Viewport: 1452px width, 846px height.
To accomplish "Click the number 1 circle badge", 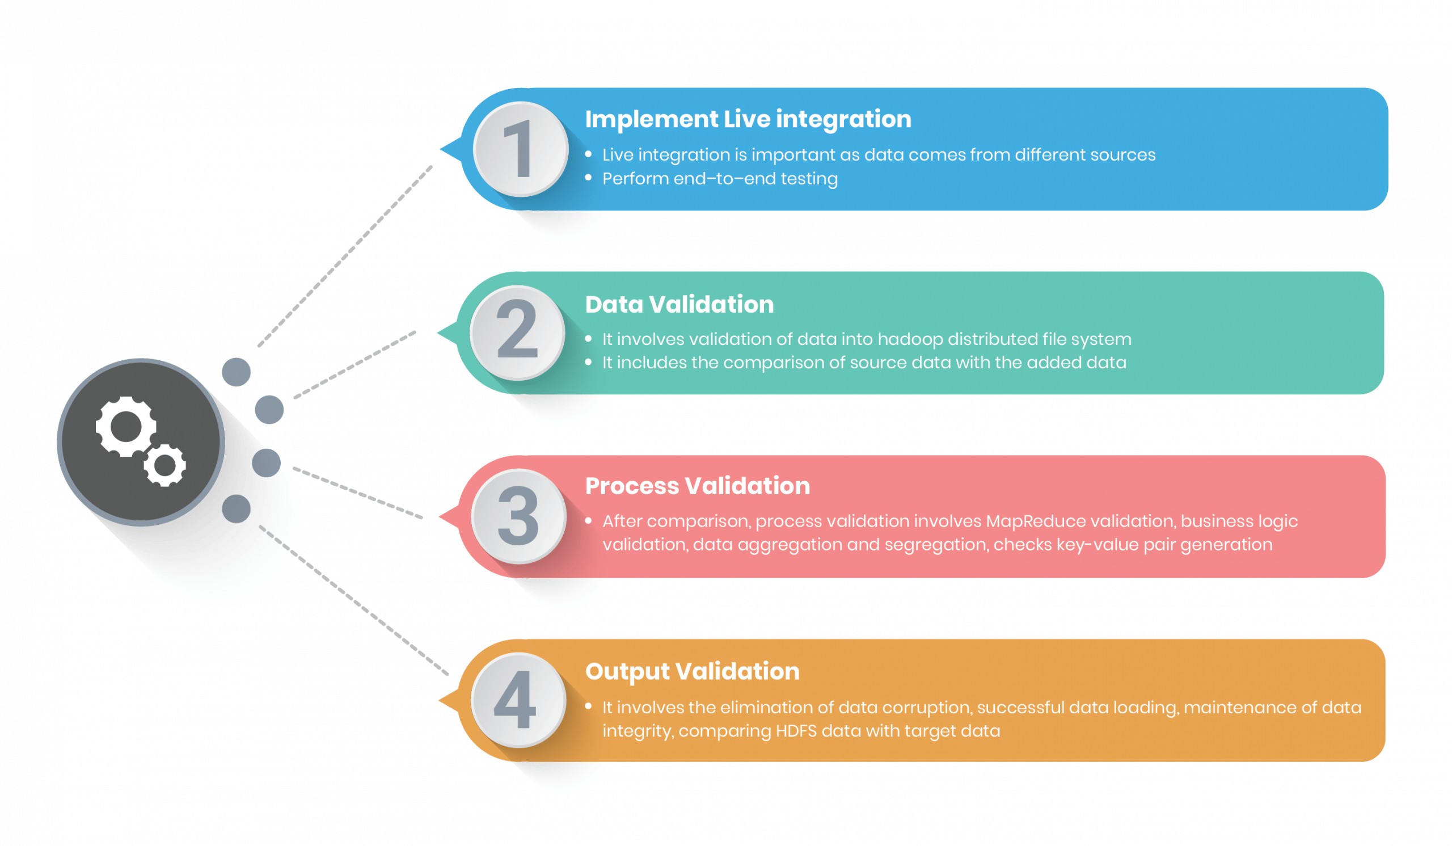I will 521,149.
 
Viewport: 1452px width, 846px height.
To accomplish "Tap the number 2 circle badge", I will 517,332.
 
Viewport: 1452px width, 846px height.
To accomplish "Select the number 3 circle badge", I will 518,516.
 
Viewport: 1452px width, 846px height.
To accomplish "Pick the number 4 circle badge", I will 518,700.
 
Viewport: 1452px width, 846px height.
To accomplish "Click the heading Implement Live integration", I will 748,119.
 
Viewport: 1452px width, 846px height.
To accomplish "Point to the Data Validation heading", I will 679,304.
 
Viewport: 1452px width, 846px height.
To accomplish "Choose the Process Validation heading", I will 697,486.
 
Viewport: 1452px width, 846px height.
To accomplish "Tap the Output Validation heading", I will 692,671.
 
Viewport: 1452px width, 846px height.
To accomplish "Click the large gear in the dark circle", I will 125,427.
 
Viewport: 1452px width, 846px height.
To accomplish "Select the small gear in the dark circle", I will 166,465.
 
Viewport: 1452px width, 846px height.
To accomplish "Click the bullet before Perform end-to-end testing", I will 588,178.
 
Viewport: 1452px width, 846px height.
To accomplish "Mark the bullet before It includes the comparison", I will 588,363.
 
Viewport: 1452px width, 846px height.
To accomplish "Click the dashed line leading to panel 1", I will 346,256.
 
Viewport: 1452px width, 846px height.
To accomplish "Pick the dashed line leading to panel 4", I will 354,600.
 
